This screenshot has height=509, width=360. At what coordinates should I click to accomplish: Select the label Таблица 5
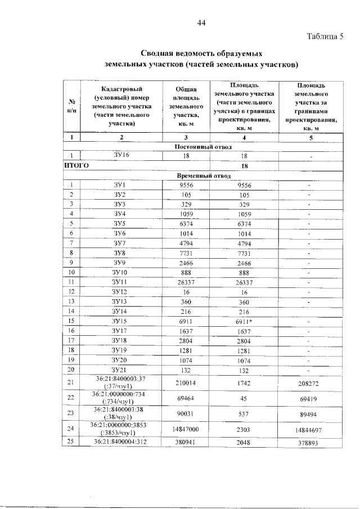pos(325,37)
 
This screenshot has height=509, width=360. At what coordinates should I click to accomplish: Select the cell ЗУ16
pos(122,156)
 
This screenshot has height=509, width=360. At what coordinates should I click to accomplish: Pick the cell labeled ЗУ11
pos(120,281)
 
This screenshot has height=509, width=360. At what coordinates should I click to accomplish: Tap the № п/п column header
pos(71,106)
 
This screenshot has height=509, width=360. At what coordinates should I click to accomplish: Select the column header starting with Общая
pos(186,106)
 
